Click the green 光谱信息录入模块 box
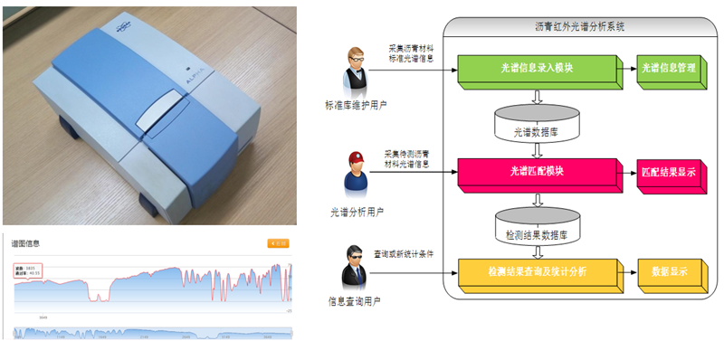(x=536, y=67)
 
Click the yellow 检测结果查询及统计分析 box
(x=537, y=270)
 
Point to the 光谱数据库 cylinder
(x=537, y=125)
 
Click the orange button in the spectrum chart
(x=279, y=242)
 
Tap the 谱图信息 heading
(x=25, y=243)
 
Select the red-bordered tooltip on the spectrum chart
(x=30, y=270)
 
